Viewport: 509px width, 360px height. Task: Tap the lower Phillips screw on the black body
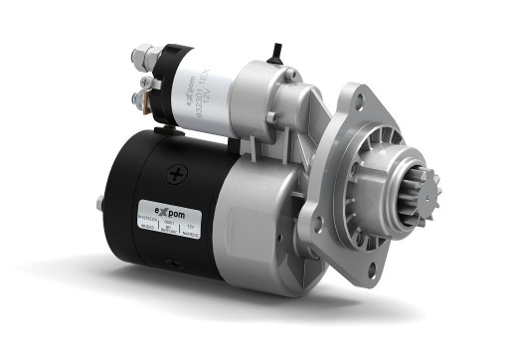point(171,266)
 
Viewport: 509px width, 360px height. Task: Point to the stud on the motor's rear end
point(100,204)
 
